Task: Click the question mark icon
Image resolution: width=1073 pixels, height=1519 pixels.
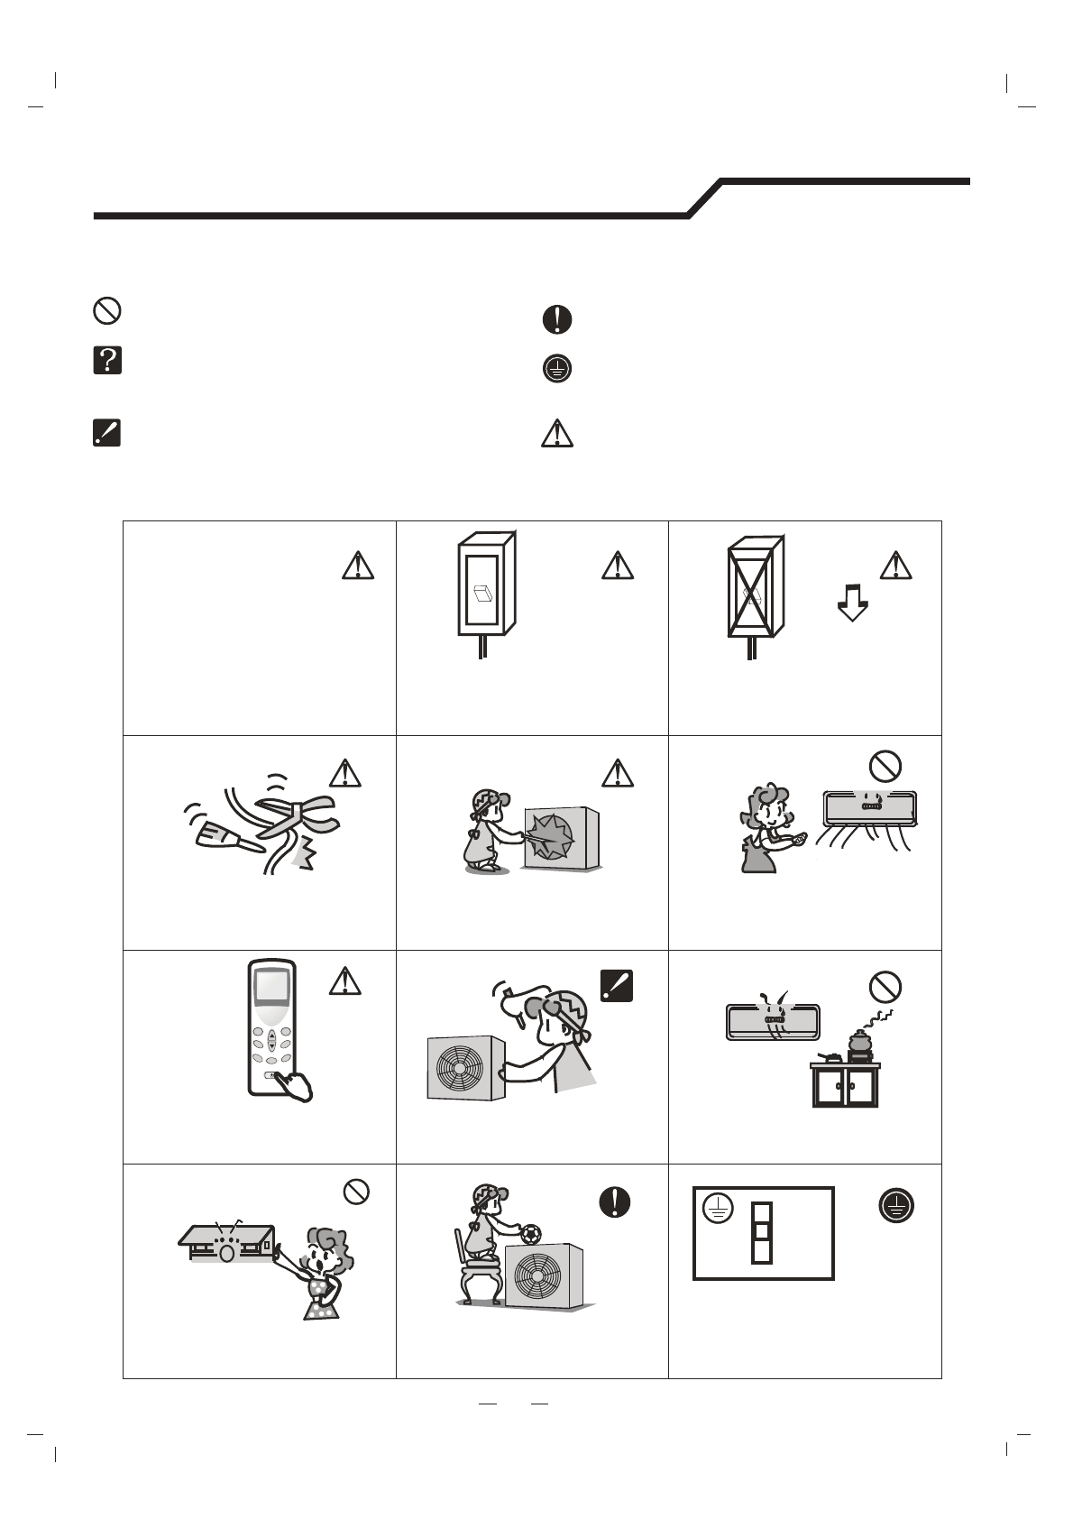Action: [107, 361]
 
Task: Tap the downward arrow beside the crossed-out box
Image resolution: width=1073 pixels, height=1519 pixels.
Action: [852, 602]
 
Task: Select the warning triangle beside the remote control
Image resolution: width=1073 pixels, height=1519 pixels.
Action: [344, 980]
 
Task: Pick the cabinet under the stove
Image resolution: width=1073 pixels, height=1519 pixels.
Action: [845, 1088]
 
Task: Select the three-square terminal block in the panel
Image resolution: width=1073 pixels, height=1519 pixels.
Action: [762, 1230]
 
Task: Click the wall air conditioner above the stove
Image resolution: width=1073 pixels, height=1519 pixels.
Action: [773, 1021]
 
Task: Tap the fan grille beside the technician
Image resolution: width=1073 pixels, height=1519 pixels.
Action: [460, 1068]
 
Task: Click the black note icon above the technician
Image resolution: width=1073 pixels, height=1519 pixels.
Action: [615, 985]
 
